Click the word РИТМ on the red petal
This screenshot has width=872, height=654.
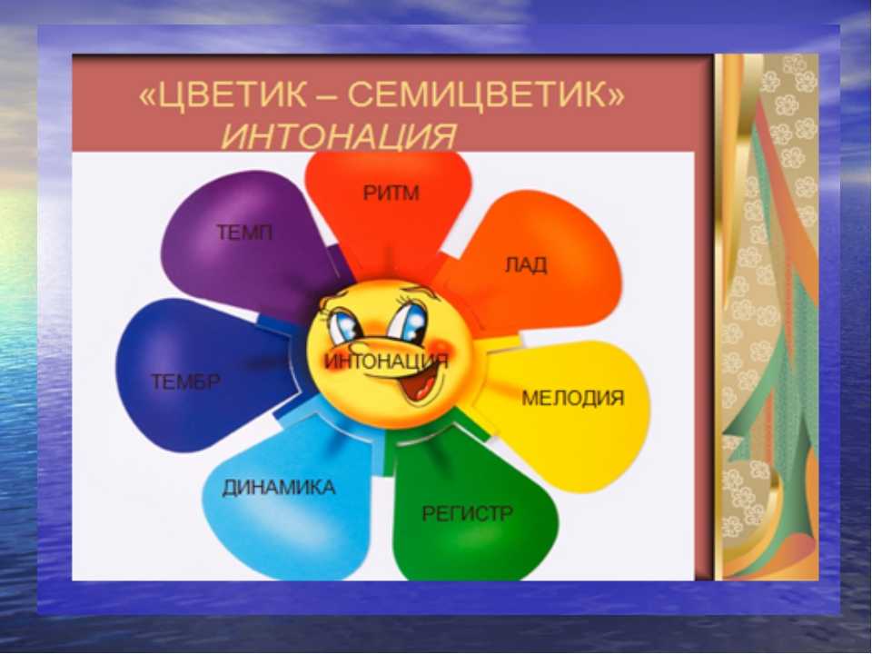pyautogui.click(x=391, y=193)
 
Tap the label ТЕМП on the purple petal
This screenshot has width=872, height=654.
pyautogui.click(x=244, y=232)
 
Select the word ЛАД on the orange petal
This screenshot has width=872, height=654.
pyautogui.click(x=526, y=264)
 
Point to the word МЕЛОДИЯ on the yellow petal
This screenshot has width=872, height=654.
pyautogui.click(x=573, y=398)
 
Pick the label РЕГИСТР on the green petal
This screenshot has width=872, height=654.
pyautogui.click(x=467, y=512)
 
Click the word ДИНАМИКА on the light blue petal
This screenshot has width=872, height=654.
pyautogui.click(x=279, y=488)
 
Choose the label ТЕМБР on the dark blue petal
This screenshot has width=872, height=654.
pyautogui.click(x=185, y=382)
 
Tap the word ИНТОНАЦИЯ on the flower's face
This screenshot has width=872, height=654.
pyautogui.click(x=387, y=362)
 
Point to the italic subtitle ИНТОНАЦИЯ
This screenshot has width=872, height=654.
pyautogui.click(x=339, y=135)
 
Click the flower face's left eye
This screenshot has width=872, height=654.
pyautogui.click(x=343, y=325)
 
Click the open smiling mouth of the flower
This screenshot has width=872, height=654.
pyautogui.click(x=424, y=383)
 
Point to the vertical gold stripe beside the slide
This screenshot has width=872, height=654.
pyautogui.click(x=719, y=317)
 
